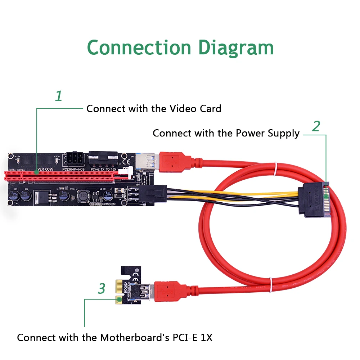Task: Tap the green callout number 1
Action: coord(58,96)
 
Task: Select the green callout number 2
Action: coord(316,126)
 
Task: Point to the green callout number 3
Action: coord(102,288)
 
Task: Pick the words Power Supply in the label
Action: coord(267,133)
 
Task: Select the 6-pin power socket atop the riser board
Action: coord(73,158)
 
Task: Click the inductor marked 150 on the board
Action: coord(84,197)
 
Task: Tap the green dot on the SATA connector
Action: coord(326,197)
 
